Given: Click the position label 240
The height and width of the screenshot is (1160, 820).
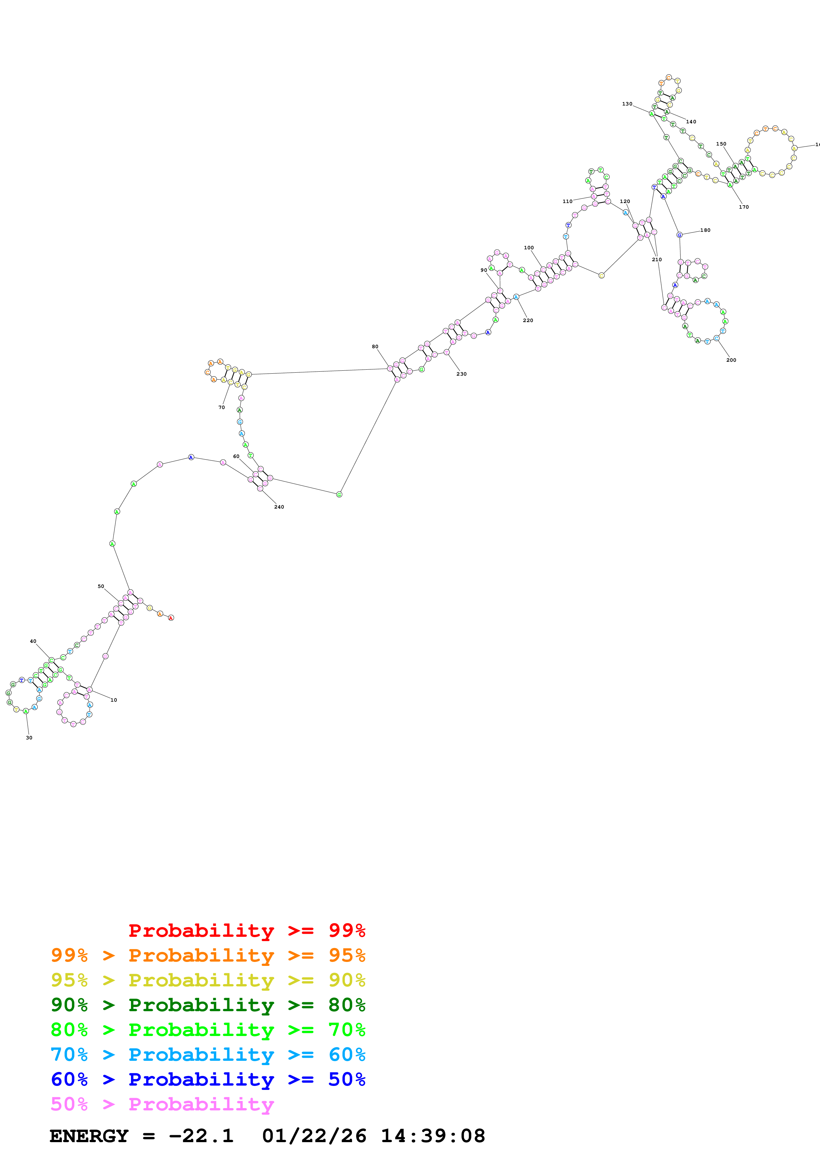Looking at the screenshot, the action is coord(279,507).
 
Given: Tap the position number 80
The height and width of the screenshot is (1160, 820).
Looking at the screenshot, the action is coord(375,347).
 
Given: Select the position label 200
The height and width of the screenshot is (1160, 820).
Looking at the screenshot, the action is coord(731,360).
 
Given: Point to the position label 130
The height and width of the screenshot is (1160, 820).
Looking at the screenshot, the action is coord(627,104).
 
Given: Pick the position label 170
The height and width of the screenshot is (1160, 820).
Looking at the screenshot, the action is coord(744,207).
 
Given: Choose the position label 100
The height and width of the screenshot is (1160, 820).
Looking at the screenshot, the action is coord(529,248).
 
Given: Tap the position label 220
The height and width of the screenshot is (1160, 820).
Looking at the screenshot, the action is coord(528,320).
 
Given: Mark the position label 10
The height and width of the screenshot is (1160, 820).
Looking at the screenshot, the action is coord(114,700).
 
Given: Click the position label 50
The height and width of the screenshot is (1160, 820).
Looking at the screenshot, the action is coord(101,586).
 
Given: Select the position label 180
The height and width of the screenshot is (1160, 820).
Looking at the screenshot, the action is coord(705,230).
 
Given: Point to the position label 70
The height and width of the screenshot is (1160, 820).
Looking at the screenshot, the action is coord(221,407).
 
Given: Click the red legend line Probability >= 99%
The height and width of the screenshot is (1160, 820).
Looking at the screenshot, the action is coord(246,930).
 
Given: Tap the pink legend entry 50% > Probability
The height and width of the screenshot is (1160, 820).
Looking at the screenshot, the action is coord(162,1104).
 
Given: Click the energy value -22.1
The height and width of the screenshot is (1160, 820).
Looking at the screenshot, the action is coord(201,1136).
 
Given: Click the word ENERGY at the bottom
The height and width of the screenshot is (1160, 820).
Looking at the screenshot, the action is coord(89,1136).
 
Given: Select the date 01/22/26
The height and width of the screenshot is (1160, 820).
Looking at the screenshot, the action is coord(314,1136).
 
